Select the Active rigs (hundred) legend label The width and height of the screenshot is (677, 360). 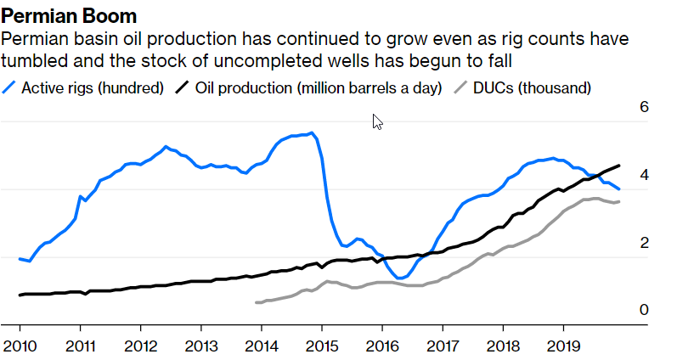tap(92, 87)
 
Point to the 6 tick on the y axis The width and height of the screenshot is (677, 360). tap(644, 108)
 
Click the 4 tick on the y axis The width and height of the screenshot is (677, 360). tap(644, 175)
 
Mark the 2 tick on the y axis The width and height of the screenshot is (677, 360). tap(644, 243)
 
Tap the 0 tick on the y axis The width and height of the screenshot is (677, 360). tap(644, 310)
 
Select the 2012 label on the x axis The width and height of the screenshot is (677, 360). tap(140, 346)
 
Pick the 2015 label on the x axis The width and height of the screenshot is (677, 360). tap(321, 346)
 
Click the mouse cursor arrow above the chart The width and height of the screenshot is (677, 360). tap(377, 121)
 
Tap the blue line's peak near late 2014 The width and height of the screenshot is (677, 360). tap(312, 132)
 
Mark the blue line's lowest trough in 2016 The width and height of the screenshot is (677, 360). tap(398, 278)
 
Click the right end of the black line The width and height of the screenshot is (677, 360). tap(619, 166)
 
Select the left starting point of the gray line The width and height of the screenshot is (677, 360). tap(256, 302)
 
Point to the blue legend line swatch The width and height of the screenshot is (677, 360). tap(10, 87)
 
